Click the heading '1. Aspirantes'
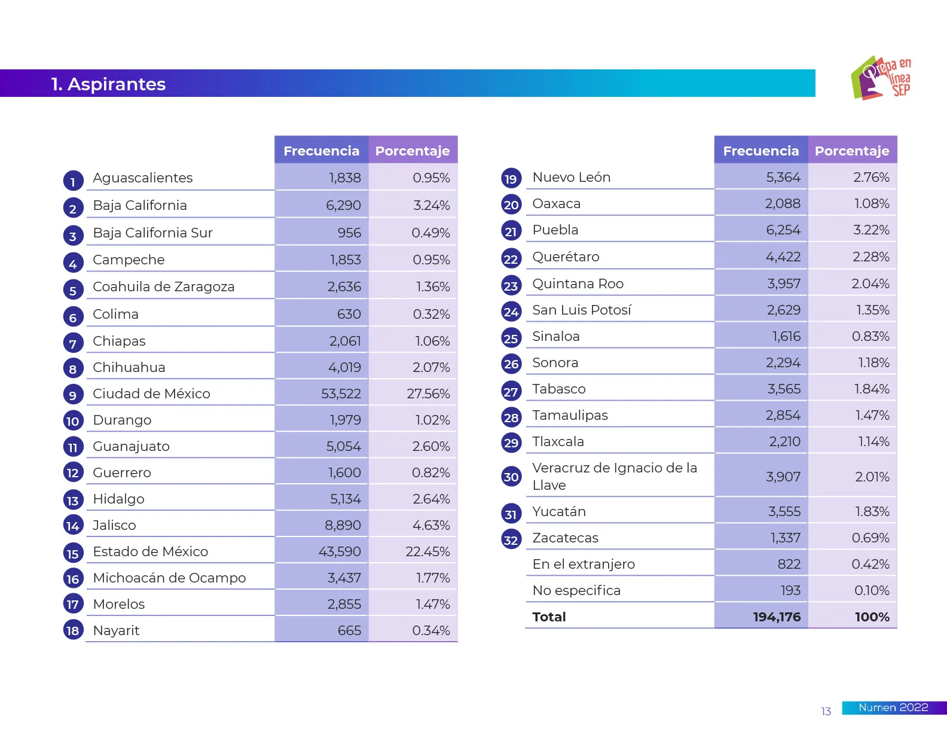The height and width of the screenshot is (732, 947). [x=108, y=84]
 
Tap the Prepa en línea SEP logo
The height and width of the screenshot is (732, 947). [x=881, y=78]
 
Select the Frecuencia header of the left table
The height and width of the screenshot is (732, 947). [x=321, y=151]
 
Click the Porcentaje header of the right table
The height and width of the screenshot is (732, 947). [x=852, y=151]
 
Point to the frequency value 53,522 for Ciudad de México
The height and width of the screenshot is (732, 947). [x=341, y=394]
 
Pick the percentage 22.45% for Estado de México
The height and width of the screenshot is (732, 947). [x=427, y=552]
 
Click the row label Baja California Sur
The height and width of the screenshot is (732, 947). [x=152, y=233]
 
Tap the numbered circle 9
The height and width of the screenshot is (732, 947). [x=73, y=395]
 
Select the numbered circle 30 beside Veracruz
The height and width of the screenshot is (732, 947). [x=511, y=477]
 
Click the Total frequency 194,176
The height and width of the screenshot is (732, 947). [x=777, y=617]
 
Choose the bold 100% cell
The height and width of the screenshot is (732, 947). [x=872, y=617]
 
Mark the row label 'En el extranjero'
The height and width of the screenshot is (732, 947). [x=584, y=565]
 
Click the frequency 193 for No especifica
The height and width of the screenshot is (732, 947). [x=790, y=591]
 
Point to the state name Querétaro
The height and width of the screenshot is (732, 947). [x=566, y=257]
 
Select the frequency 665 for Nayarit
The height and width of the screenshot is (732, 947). [x=349, y=631]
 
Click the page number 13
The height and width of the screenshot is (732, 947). [x=826, y=712]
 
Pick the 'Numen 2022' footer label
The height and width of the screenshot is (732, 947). [x=893, y=708]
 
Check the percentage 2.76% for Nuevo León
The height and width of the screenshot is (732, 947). [x=871, y=178]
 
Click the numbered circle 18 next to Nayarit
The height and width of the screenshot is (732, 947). [x=73, y=630]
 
